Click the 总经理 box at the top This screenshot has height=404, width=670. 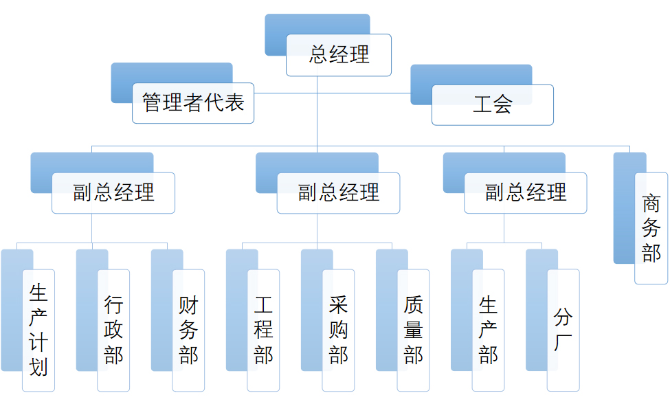tap(339, 55)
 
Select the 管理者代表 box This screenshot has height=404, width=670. tap(193, 103)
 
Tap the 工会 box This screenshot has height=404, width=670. tap(493, 104)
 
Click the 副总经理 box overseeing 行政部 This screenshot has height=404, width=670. tap(113, 192)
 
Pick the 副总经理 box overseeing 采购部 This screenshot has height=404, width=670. tap(338, 192)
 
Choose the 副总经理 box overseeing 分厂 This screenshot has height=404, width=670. tap(526, 192)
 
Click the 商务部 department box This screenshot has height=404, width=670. tap(651, 228)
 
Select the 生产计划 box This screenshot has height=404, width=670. tap(38, 330)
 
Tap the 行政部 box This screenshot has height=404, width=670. tap(113, 330)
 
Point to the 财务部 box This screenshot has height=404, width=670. tap(188, 330)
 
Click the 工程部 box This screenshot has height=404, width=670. tap(263, 330)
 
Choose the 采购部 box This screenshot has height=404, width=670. tap(338, 330)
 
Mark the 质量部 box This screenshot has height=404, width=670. tap(413, 330)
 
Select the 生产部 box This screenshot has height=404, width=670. tap(489, 330)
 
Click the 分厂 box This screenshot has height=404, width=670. tap(563, 330)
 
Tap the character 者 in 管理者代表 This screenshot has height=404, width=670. tap(193, 103)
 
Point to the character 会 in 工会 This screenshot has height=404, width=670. tap(503, 104)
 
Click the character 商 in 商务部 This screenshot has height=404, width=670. tap(651, 203)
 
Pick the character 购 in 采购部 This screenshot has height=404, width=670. tap(338, 330)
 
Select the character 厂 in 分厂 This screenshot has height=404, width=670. tap(563, 342)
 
